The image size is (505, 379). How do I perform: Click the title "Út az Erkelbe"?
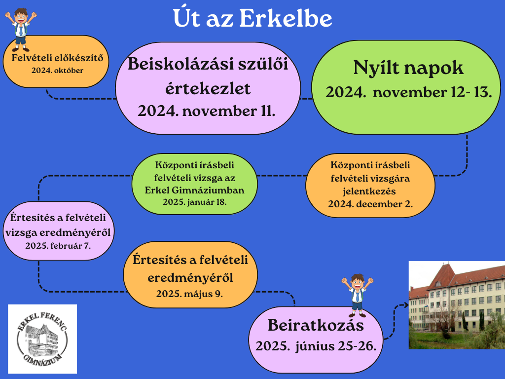click(x=252, y=18)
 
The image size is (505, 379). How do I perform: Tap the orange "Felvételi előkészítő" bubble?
click(x=56, y=62)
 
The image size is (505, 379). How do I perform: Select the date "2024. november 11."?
click(x=207, y=111)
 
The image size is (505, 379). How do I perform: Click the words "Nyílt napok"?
click(x=408, y=68)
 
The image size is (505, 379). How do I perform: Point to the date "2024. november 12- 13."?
click(x=408, y=92)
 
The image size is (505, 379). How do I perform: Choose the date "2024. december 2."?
click(x=370, y=204)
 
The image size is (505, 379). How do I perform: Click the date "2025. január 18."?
click(x=194, y=202)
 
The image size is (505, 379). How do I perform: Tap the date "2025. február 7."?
click(x=58, y=246)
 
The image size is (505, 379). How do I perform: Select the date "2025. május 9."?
click(x=189, y=294)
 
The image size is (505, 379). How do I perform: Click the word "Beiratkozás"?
click(x=316, y=325)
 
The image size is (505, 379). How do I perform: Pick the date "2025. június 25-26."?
click(x=316, y=346)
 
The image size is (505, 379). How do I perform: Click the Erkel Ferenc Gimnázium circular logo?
click(x=42, y=339)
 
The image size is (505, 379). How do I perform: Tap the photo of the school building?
click(x=457, y=305)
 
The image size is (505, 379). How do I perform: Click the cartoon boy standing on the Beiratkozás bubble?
click(x=357, y=295)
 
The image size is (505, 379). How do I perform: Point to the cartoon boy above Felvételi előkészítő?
click(x=21, y=30)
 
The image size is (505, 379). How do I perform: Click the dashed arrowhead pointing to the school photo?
click(x=405, y=305)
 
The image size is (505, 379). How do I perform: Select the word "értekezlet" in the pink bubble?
click(x=208, y=89)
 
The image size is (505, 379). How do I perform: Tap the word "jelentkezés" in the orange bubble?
click(x=369, y=191)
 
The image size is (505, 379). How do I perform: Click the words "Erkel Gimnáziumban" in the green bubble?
click(x=194, y=190)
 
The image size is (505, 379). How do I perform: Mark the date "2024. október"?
click(x=57, y=71)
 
